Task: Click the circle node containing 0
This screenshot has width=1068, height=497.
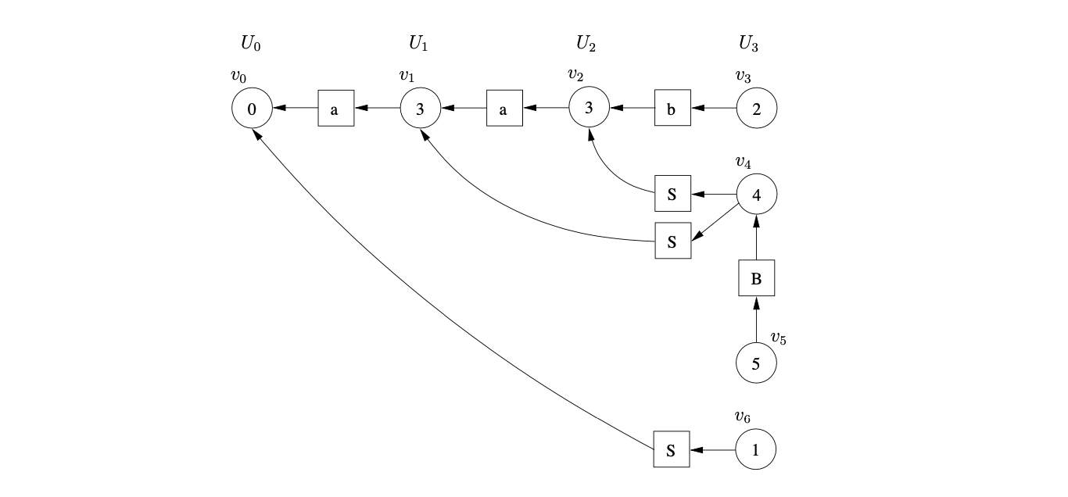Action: tap(252, 109)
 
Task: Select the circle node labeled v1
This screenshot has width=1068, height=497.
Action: tap(421, 109)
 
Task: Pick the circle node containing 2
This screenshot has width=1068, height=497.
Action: tap(757, 109)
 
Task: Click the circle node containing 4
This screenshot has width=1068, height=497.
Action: tap(757, 194)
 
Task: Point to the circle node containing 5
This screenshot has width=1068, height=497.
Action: tap(757, 363)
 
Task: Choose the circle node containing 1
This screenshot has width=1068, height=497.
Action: tap(756, 450)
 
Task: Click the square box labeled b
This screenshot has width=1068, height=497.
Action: tap(672, 109)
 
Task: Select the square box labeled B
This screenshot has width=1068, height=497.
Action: tap(756, 278)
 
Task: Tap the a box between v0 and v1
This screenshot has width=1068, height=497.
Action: tap(335, 109)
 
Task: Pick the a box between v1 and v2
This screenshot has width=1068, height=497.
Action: tap(504, 109)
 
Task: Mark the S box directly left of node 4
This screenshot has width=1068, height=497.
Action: tap(672, 194)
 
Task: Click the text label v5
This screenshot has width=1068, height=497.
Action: tap(779, 338)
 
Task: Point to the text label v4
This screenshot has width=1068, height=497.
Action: tap(743, 162)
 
